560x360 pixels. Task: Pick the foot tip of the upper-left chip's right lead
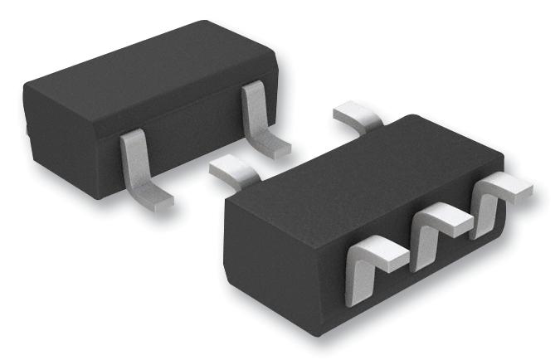coord(278,148)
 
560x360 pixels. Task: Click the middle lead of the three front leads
coord(431,232)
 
